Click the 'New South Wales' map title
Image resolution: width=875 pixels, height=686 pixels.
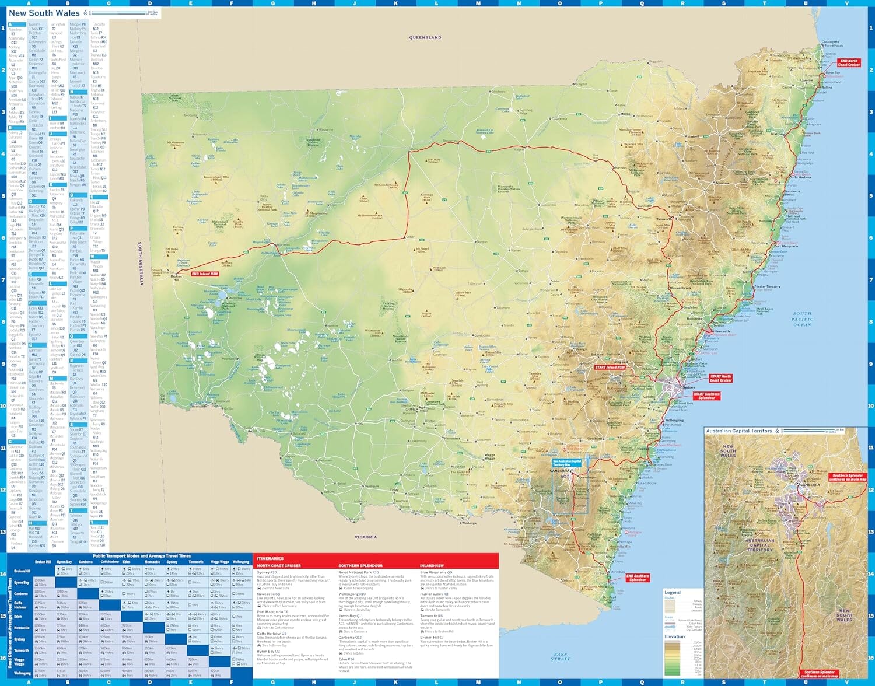pos(44,13)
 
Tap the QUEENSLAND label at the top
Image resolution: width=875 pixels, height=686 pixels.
pos(425,37)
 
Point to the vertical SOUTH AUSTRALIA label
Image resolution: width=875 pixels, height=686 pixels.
pos(141,264)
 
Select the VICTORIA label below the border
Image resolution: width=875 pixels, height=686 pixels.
pos(366,537)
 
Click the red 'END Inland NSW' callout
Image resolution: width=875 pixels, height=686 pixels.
pos(205,274)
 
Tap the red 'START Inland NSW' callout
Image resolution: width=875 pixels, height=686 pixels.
pos(610,367)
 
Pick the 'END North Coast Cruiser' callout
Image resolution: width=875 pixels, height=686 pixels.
pos(849,62)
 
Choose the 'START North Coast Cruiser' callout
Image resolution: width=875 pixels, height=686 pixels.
pos(721,378)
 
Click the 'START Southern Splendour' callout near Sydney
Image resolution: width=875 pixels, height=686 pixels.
pos(706,396)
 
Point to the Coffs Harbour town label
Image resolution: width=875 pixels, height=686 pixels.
pos(800,177)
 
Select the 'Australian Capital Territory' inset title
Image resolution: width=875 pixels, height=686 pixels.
pos(738,431)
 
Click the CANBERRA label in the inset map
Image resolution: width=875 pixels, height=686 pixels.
pos(810,485)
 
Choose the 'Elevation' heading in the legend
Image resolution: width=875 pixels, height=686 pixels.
pos(674,636)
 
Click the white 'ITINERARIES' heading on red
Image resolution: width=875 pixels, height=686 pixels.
pos(270,559)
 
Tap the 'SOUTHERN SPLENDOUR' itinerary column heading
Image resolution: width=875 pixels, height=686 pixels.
pos(360,566)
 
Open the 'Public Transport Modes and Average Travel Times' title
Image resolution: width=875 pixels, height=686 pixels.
pos(142,556)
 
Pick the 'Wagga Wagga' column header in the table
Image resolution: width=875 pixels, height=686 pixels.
pos(219,562)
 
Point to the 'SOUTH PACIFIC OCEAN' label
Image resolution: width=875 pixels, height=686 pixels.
pos(802,319)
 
